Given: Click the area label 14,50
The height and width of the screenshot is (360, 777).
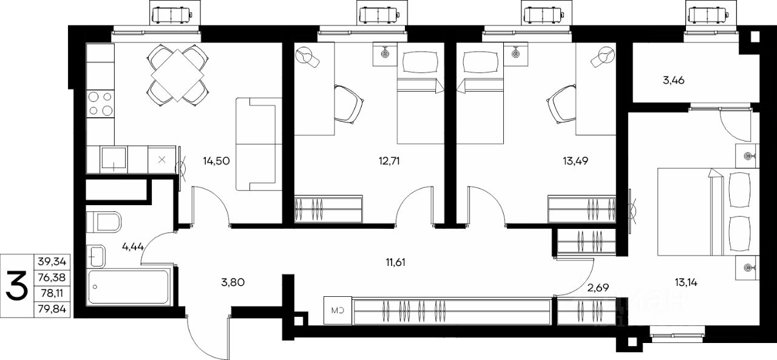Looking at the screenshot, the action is click(x=217, y=161).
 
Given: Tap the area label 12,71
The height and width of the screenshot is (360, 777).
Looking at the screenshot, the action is click(x=389, y=161).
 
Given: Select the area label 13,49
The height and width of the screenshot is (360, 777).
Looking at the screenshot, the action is click(x=575, y=161).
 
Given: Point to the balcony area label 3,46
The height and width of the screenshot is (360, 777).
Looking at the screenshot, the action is click(x=674, y=81).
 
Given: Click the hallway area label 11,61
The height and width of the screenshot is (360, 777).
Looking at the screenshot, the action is click(x=395, y=262).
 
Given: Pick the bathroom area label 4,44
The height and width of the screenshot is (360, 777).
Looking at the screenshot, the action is click(x=133, y=247).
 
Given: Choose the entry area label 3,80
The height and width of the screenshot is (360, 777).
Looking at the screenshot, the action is click(x=232, y=282).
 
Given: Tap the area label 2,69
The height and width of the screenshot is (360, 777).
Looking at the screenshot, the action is click(x=598, y=288).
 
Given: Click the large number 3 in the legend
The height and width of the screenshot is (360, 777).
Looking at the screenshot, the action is click(x=16, y=285).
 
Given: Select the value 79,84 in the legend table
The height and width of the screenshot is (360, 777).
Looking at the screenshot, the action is click(x=52, y=308).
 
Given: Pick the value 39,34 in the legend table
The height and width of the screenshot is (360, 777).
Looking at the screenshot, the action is click(x=52, y=261).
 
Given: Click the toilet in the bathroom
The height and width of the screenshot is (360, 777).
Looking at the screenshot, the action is click(x=103, y=222).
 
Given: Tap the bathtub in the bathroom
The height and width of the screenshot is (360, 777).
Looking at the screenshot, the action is click(x=129, y=287).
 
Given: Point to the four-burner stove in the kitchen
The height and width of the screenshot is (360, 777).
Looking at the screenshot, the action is click(x=100, y=104).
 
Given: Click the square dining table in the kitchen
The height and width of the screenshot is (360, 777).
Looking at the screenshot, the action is click(x=177, y=75).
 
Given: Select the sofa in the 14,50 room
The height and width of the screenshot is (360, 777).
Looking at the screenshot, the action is click(x=259, y=144).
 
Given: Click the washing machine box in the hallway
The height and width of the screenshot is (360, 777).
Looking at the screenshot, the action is click(x=338, y=310).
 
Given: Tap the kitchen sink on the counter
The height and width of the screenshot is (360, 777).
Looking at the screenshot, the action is click(x=114, y=158).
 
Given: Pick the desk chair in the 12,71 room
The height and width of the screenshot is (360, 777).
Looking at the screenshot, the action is click(x=348, y=104).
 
